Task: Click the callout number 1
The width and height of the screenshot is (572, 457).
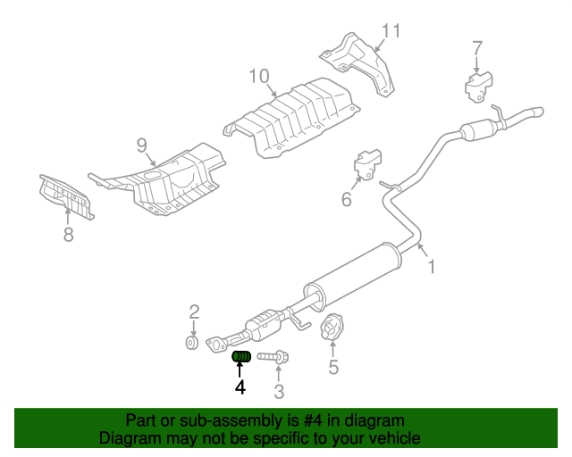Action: [x=431, y=267]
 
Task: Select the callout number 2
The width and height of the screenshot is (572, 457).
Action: [x=194, y=312]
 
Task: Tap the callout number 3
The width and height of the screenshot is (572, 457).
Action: [x=279, y=391]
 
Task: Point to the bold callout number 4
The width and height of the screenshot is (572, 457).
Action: [x=240, y=387]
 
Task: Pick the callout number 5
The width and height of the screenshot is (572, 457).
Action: [x=333, y=366]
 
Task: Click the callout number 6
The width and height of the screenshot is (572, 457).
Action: [x=346, y=200]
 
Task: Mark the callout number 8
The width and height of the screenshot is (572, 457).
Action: [x=68, y=235]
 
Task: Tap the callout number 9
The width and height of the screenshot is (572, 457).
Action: [x=142, y=145]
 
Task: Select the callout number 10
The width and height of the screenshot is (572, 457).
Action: [x=258, y=76]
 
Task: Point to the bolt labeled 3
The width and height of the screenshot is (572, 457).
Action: [x=272, y=357]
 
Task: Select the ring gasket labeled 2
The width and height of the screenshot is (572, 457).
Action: [x=191, y=342]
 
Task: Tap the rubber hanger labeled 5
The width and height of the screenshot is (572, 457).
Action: [x=332, y=328]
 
